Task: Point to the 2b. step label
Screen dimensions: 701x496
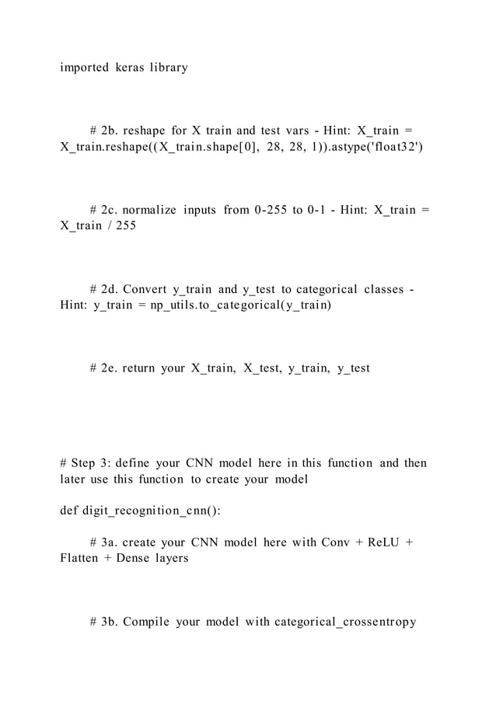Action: pos(113,129)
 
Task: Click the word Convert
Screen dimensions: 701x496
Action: pos(148,290)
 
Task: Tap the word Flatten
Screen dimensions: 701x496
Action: pos(78,558)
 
